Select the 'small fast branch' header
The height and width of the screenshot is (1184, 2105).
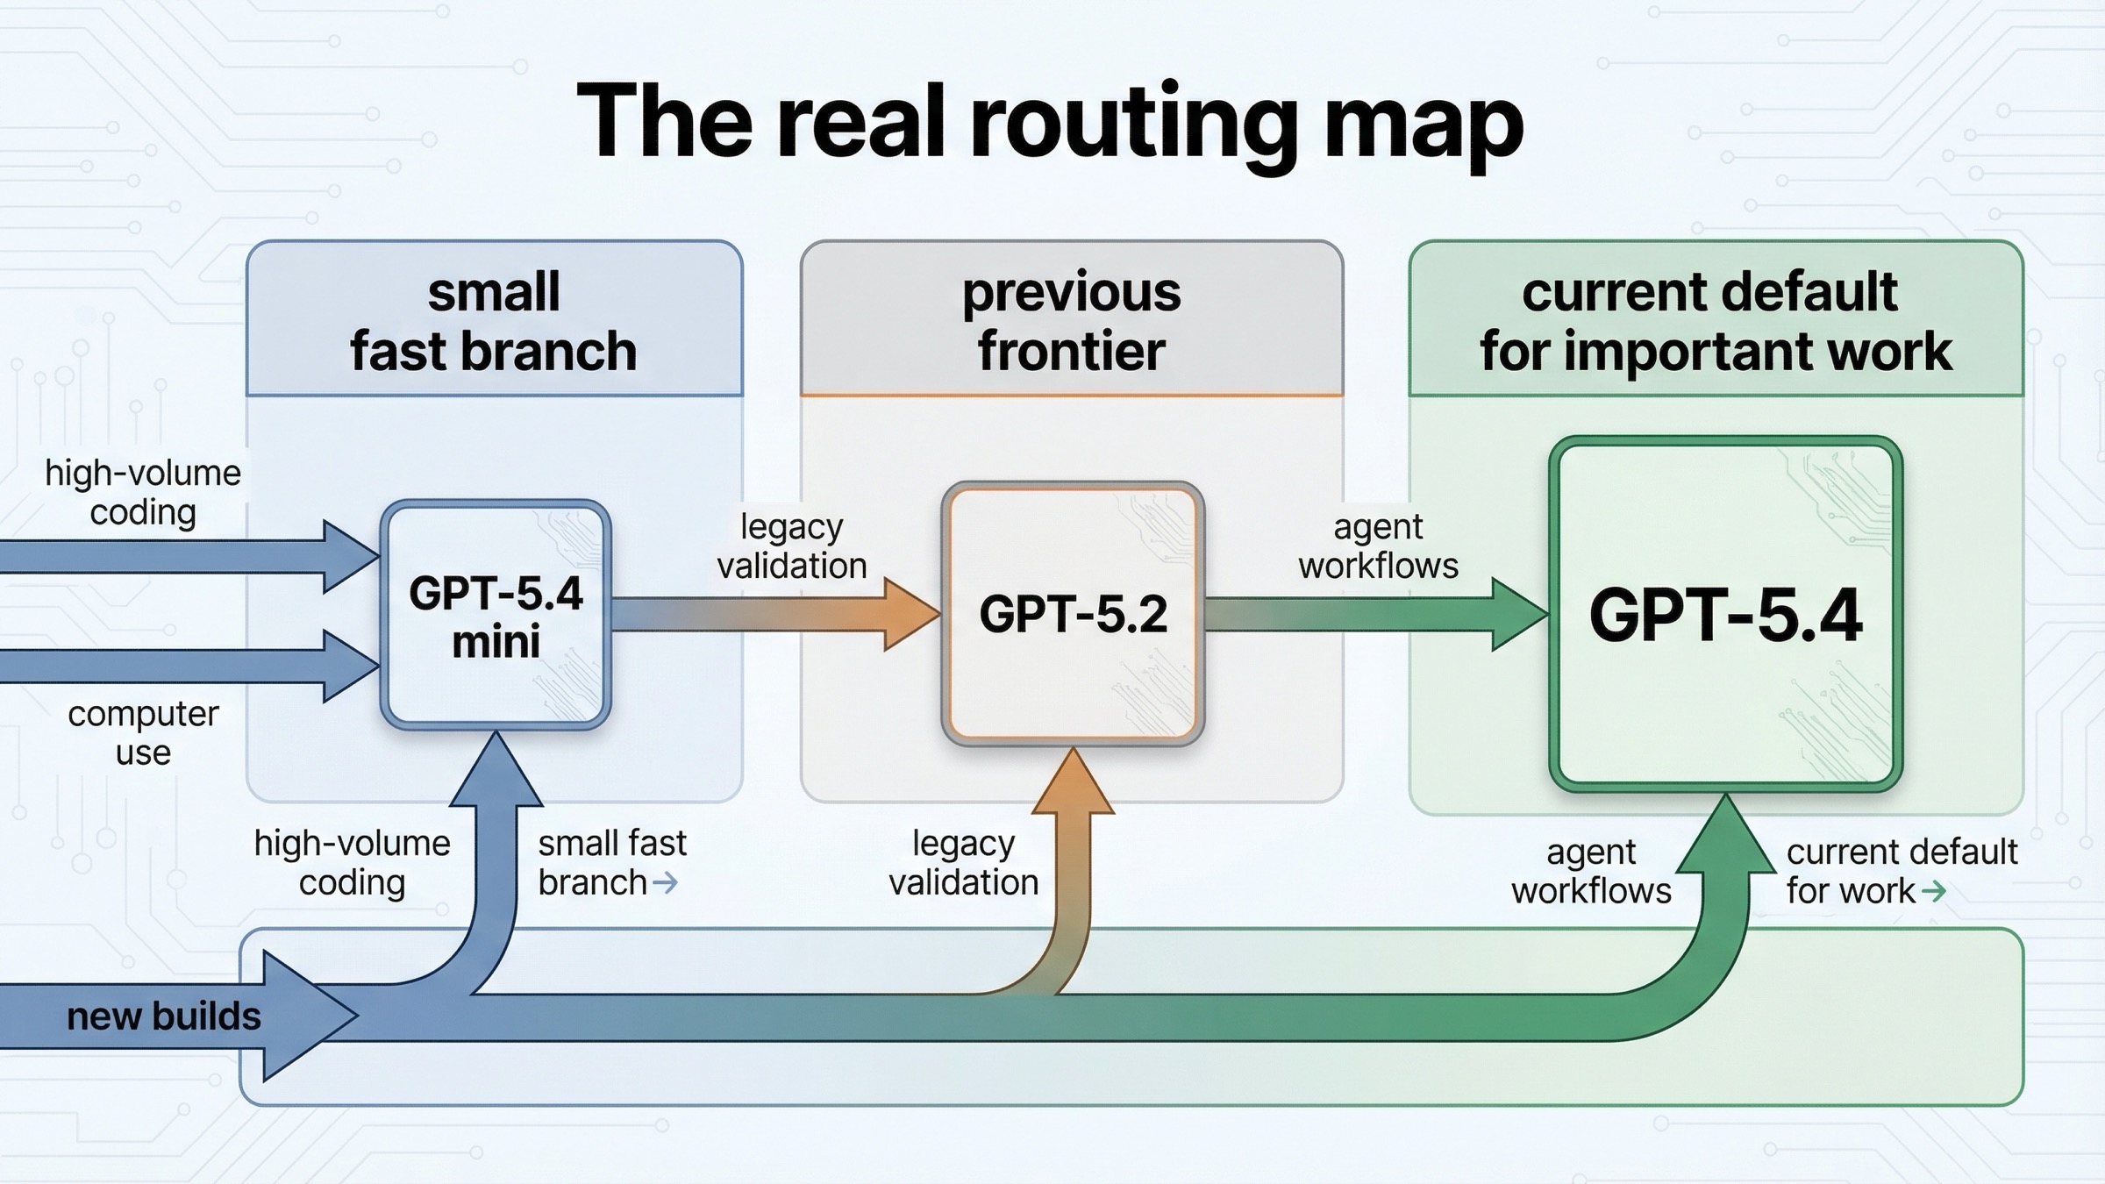click(x=494, y=321)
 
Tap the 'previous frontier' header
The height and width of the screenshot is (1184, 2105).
click(x=1071, y=321)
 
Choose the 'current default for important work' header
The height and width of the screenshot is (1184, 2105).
click(x=1715, y=321)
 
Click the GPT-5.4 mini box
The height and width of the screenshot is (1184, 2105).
click(x=496, y=616)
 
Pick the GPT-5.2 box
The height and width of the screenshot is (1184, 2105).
click(x=1073, y=614)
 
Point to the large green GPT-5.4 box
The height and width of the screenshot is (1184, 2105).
click(x=1725, y=615)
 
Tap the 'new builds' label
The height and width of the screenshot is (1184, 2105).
click(x=164, y=1016)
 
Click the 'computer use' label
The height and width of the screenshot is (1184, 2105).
click(x=143, y=733)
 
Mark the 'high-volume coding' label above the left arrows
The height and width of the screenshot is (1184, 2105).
click(x=143, y=492)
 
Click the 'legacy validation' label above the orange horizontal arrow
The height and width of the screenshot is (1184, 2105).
click(x=791, y=546)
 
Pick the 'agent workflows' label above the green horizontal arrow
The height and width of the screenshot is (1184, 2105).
click(x=1378, y=546)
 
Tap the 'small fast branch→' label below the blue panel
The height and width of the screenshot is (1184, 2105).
click(x=611, y=863)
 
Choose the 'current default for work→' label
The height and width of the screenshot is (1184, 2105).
click(x=1901, y=871)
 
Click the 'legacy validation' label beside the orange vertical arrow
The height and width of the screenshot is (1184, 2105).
click(x=963, y=863)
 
